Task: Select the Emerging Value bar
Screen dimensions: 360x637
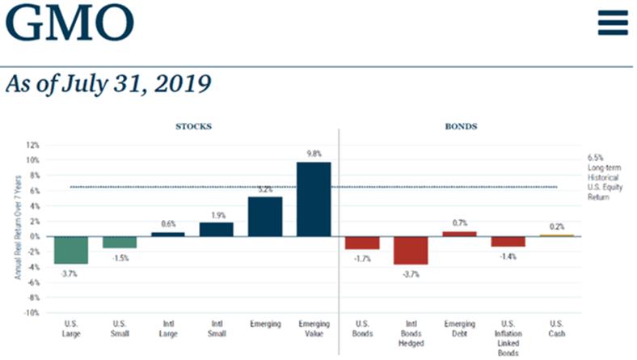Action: (313, 199)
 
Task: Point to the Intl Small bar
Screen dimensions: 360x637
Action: (216, 228)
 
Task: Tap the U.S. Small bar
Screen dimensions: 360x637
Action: (119, 241)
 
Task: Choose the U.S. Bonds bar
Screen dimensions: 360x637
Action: (361, 242)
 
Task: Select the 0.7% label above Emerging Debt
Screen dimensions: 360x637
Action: (458, 222)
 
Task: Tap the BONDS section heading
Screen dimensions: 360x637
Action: (461, 127)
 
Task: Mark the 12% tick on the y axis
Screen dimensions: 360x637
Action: (32, 145)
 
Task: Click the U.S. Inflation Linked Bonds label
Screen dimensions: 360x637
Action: (508, 336)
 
